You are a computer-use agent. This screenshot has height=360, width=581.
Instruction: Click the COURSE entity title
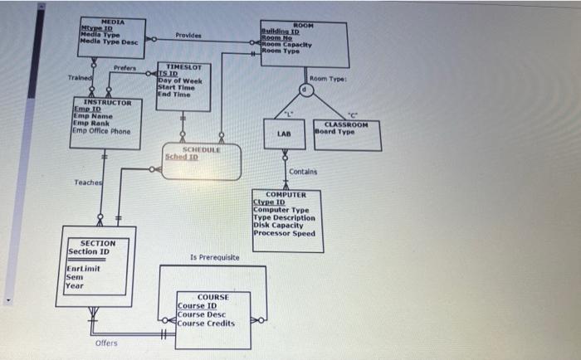(213, 296)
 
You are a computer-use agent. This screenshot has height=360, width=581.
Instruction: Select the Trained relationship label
(79, 78)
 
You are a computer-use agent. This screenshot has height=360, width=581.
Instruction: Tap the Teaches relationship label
(85, 182)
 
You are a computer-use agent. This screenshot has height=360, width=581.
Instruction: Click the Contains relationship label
(303, 172)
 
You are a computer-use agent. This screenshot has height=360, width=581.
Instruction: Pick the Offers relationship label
(106, 343)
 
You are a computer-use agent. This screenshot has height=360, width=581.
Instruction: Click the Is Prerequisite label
(214, 258)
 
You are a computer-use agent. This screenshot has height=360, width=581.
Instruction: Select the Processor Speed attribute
(284, 233)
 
